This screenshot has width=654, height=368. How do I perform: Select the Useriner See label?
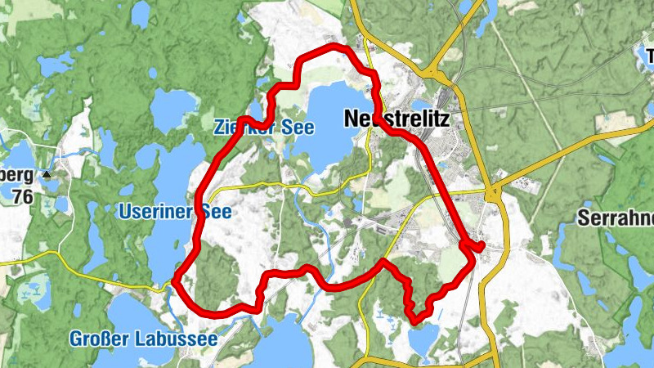coord(175,212)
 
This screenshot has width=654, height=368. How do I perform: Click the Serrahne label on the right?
coord(615,218)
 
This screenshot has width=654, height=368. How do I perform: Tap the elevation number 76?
coord(24,195)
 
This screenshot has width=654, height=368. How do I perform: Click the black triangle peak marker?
coord(47,174)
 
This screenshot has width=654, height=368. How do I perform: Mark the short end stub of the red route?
coord(479,245)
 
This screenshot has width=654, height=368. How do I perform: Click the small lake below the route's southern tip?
coord(422,337)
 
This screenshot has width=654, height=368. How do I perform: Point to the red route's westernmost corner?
coord(175,282)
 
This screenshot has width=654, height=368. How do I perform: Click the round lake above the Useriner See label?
coord(172,109)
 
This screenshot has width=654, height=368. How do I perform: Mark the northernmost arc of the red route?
coord(327,52)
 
